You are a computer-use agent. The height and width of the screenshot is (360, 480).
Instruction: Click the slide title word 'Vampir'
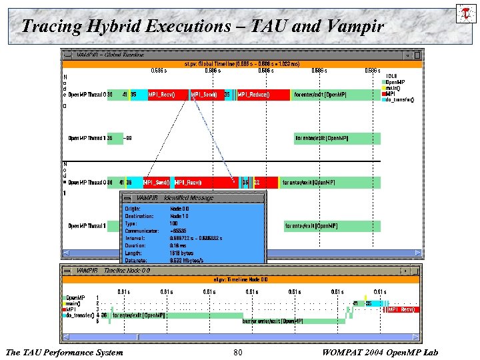(356, 27)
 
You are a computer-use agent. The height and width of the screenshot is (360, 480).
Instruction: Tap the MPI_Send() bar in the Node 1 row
(155, 182)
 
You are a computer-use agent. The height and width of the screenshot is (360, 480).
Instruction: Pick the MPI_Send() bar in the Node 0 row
(205, 95)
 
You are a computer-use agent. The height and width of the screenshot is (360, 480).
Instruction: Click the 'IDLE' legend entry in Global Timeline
(393, 76)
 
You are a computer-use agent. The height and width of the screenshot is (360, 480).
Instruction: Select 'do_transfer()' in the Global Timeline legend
(399, 100)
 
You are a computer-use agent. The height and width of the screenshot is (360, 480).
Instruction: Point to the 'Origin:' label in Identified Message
(133, 209)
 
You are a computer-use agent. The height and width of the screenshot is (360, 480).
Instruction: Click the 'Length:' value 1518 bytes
(182, 253)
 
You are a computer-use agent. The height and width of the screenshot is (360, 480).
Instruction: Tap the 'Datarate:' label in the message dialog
(136, 260)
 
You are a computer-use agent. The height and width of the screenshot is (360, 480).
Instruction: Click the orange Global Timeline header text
(241, 64)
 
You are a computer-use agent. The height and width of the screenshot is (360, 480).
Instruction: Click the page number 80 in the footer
(238, 352)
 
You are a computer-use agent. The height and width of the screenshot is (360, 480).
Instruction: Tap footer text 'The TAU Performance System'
(64, 352)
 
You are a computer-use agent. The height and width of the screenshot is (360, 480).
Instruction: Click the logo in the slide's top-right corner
(465, 13)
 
